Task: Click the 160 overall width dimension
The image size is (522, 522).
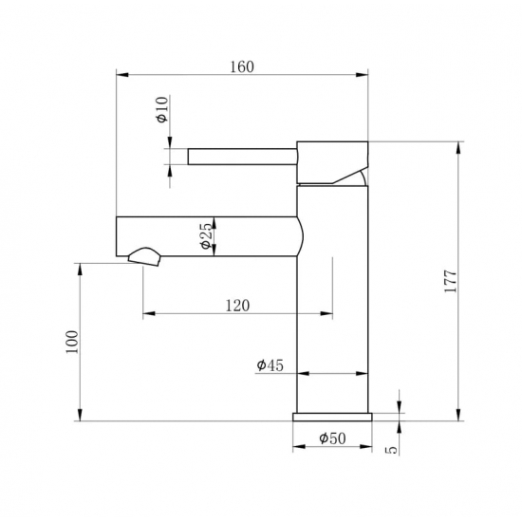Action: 242,66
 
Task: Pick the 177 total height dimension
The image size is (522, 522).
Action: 451,281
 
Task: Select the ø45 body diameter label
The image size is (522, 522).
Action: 270,364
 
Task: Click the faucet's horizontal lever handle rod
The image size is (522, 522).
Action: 242,156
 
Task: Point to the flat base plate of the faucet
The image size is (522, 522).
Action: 331,416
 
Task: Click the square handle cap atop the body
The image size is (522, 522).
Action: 331,161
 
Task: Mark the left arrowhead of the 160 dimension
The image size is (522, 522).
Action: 120,74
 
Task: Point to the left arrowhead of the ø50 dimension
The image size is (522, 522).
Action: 298,446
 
